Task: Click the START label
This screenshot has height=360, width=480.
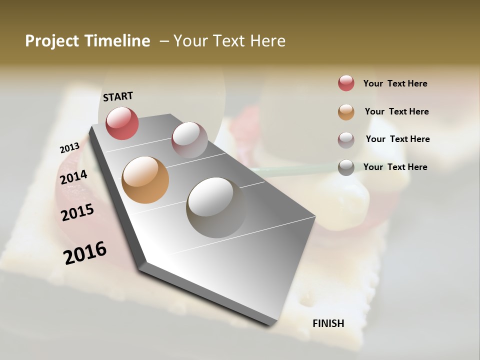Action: click(x=118, y=96)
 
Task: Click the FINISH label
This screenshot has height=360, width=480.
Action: click(x=328, y=323)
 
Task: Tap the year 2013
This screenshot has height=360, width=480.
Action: click(x=69, y=148)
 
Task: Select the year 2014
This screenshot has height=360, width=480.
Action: click(x=73, y=177)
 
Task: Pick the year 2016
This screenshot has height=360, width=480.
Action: click(x=85, y=253)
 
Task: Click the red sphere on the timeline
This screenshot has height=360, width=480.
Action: click(x=122, y=123)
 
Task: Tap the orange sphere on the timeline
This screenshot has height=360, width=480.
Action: click(x=145, y=180)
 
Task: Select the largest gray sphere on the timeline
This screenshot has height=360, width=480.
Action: click(x=216, y=207)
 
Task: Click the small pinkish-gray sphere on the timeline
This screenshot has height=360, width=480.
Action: click(x=189, y=139)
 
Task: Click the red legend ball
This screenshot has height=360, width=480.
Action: click(x=346, y=83)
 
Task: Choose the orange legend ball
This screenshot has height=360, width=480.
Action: click(x=346, y=112)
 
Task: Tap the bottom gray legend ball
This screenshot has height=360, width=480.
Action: click(x=346, y=167)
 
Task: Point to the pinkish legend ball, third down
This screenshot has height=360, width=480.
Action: click(x=346, y=139)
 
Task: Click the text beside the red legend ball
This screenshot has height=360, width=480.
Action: click(x=395, y=83)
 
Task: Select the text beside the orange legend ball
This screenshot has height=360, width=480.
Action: click(x=396, y=111)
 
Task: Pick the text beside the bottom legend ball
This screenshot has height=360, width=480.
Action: click(x=395, y=167)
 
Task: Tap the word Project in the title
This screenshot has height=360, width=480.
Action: click(x=51, y=41)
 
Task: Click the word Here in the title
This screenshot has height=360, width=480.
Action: click(x=267, y=41)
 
